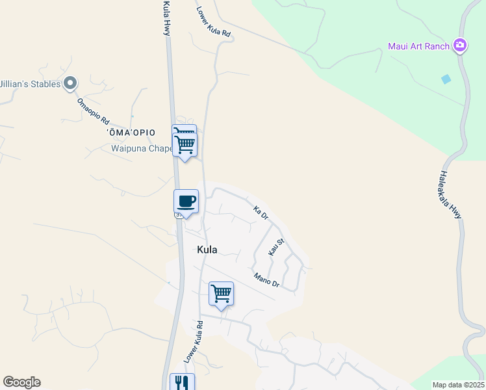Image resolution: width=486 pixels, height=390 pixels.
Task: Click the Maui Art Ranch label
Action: (x=419, y=45)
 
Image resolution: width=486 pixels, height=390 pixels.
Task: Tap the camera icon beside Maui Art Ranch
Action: (x=460, y=45)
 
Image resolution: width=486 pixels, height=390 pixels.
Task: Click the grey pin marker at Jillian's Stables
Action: (x=71, y=83)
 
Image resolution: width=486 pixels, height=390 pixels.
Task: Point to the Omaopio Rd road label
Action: (x=93, y=112)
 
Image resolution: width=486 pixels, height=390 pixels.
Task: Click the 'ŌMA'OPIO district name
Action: (x=131, y=133)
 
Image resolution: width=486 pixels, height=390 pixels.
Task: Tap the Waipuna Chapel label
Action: (x=141, y=148)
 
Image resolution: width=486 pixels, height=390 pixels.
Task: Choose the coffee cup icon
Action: (x=186, y=201)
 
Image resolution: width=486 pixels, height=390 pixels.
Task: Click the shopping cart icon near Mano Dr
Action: (x=221, y=294)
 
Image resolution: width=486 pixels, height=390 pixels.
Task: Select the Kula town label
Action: (x=207, y=250)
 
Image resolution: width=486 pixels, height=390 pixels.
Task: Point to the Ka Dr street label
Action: (x=261, y=213)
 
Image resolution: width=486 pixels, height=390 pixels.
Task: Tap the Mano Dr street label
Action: (x=266, y=279)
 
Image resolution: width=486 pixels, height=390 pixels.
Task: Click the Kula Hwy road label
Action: (x=166, y=18)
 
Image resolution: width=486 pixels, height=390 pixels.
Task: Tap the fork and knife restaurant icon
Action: (x=182, y=383)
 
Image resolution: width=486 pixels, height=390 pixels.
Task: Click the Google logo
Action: (x=21, y=382)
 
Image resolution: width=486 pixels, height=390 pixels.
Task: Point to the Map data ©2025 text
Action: (x=458, y=385)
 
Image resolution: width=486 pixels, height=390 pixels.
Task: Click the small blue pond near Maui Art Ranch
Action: (x=446, y=79)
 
